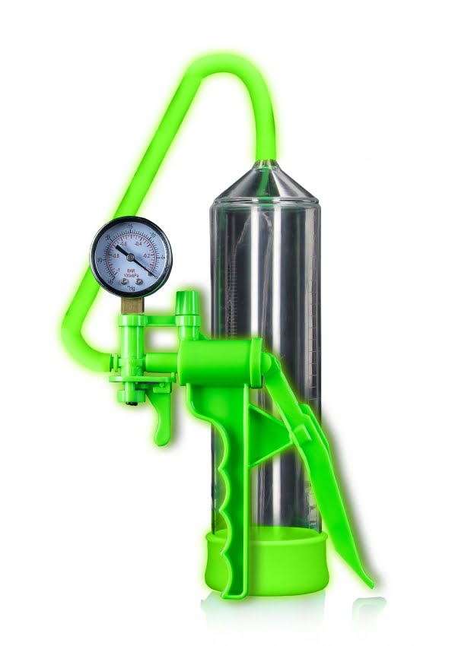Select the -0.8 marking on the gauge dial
click(116, 256)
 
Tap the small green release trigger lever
click(162, 426)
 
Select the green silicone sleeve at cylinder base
click(266, 562)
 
